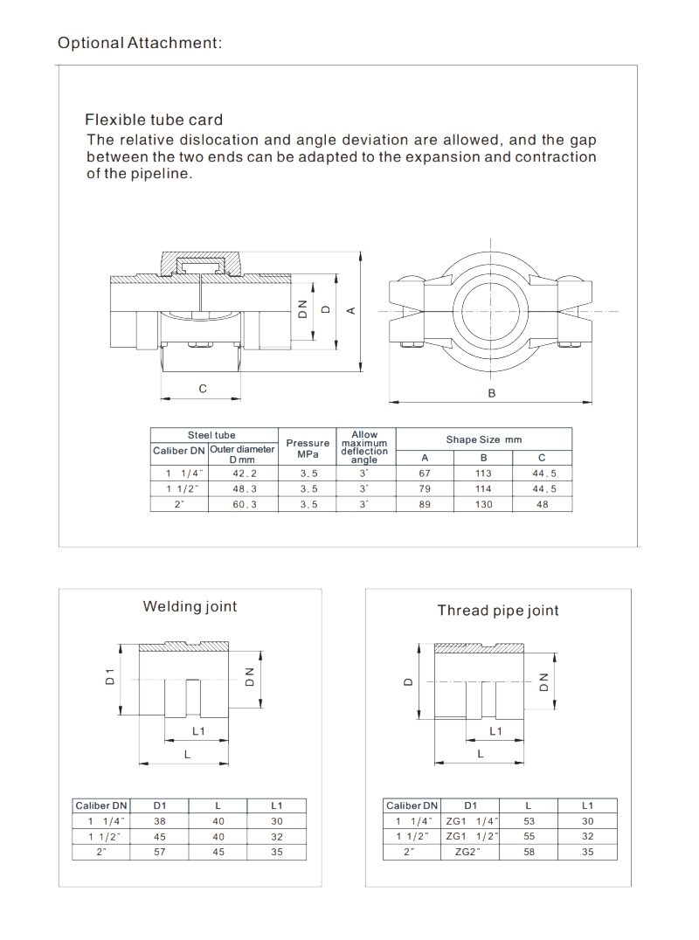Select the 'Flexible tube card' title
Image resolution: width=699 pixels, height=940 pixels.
pyautogui.click(x=153, y=121)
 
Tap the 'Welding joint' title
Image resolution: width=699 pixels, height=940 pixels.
pyautogui.click(x=190, y=606)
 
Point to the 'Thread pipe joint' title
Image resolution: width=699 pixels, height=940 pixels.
pyautogui.click(x=497, y=611)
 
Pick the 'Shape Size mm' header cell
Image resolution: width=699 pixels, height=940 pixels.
pyautogui.click(x=483, y=439)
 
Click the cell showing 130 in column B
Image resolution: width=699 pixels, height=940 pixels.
pyautogui.click(x=483, y=505)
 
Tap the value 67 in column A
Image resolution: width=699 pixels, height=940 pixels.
pyautogui.click(x=425, y=473)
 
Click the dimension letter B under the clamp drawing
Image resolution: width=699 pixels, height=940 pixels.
pyautogui.click(x=492, y=393)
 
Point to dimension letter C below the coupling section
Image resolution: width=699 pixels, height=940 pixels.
pyautogui.click(x=202, y=389)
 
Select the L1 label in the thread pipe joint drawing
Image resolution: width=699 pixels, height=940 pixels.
pyautogui.click(x=495, y=729)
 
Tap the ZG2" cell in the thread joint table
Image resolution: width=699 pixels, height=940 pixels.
pyautogui.click(x=470, y=851)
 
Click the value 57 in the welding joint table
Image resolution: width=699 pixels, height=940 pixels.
pyautogui.click(x=158, y=851)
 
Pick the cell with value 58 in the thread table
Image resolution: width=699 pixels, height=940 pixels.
pyautogui.click(x=528, y=851)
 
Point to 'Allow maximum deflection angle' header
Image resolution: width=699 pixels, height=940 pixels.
pyautogui.click(x=364, y=447)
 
